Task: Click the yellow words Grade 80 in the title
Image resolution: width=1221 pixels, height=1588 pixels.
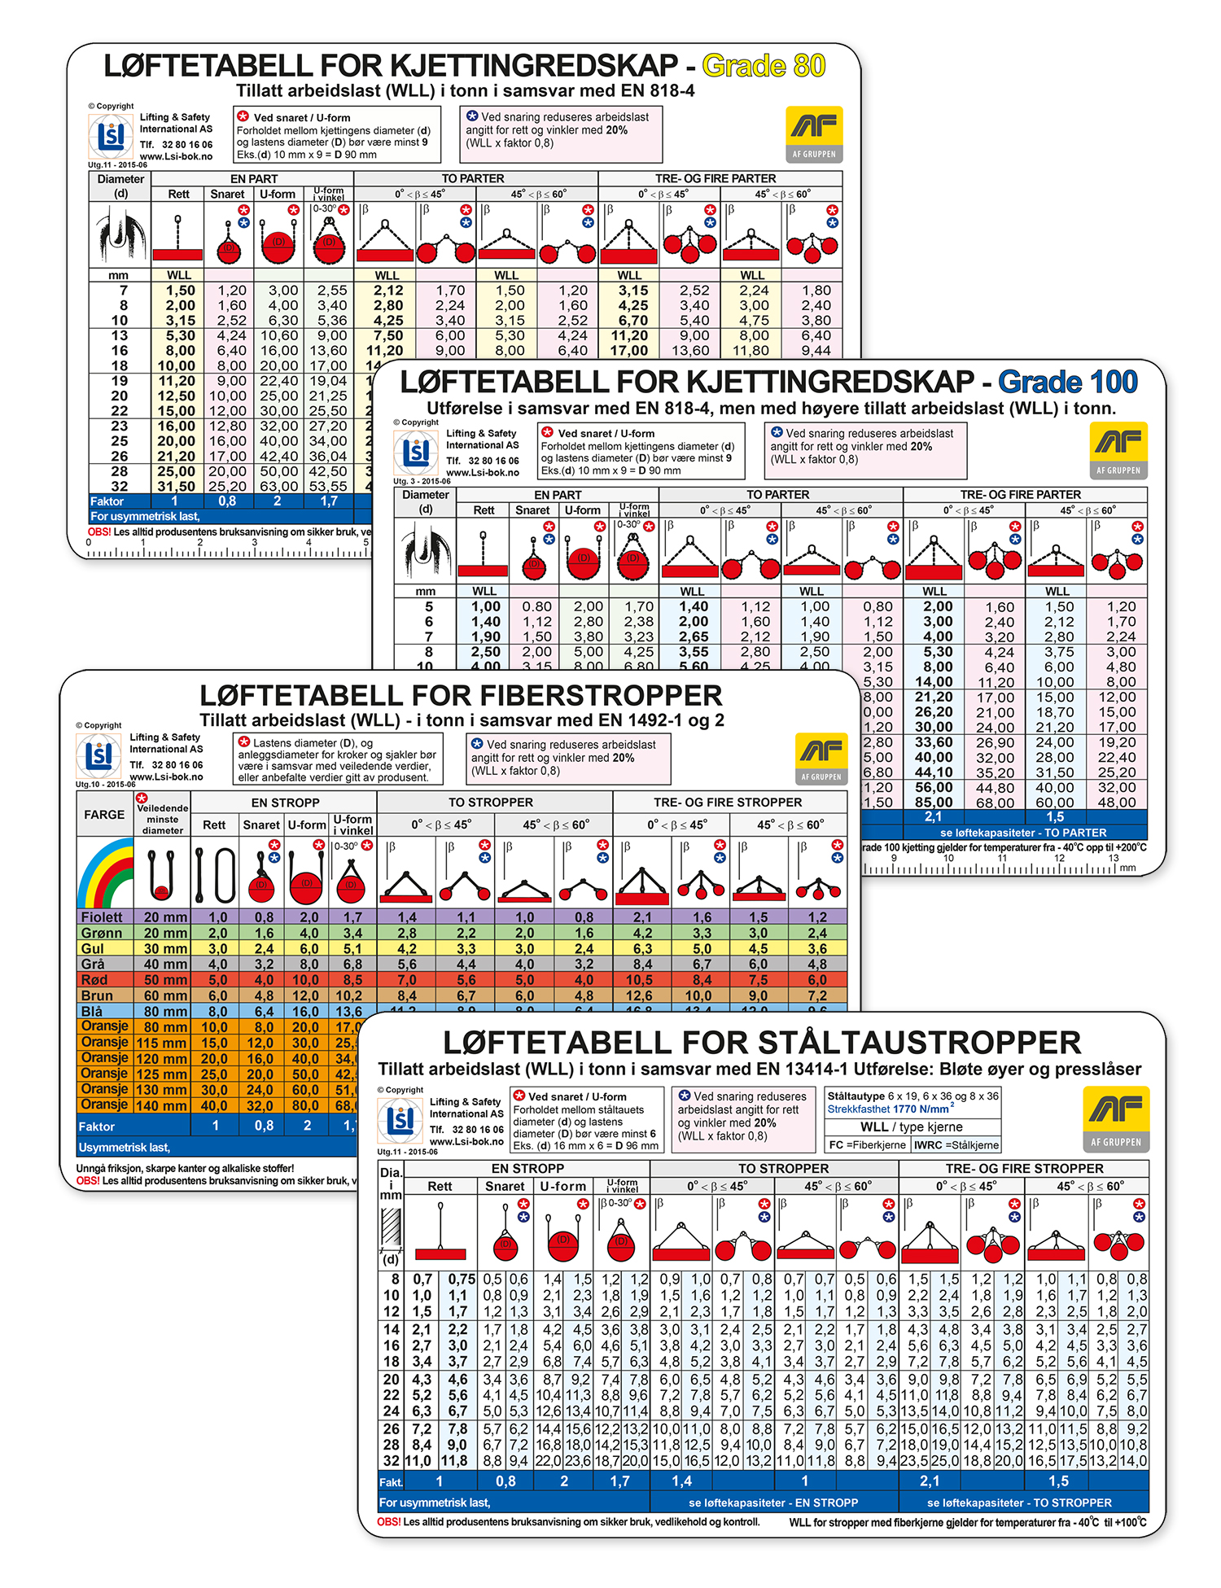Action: pos(764,66)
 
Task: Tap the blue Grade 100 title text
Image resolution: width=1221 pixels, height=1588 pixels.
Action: pos(1068,382)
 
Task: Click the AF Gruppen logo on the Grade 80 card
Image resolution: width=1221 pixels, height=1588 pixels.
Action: pos(814,134)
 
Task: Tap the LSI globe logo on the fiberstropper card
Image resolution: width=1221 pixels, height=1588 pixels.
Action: pos(98,756)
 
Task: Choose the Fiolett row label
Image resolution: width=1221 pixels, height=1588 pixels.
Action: pos(102,917)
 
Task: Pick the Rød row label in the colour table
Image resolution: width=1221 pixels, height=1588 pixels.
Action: pos(94,980)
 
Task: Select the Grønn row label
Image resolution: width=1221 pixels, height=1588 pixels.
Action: pos(102,933)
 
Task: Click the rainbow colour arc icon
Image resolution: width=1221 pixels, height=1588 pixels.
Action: pos(106,875)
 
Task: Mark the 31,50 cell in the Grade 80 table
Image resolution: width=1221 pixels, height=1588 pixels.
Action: pos(177,486)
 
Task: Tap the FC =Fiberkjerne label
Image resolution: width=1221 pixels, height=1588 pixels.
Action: pos(867,1144)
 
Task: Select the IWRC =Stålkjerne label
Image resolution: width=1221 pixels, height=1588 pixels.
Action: pos(956,1144)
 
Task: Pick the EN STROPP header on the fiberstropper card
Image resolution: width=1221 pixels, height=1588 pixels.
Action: pos(284,803)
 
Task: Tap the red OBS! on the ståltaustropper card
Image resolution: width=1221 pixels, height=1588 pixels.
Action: pos(388,1521)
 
